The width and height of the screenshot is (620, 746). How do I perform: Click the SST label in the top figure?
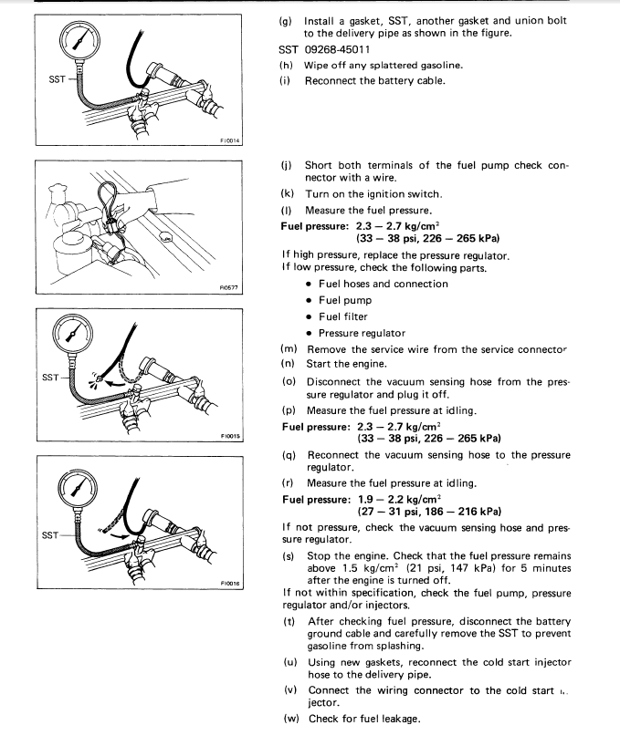(x=57, y=79)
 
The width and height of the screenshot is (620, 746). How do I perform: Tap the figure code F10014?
(x=230, y=140)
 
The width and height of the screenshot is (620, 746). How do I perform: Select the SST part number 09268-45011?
(x=337, y=49)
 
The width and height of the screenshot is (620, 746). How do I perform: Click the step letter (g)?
(x=286, y=21)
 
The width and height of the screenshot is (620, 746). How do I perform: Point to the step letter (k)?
(x=287, y=194)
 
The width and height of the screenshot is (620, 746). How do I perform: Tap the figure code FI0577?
(x=228, y=288)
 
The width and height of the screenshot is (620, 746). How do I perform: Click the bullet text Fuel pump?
(x=345, y=300)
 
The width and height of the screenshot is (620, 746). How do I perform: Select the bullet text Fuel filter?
(x=342, y=316)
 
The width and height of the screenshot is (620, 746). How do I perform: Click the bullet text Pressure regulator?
(x=362, y=333)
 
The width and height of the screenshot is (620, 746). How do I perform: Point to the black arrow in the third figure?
(x=115, y=382)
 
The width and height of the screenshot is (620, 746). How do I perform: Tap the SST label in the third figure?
(x=50, y=378)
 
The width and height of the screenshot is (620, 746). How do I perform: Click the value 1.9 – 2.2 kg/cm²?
(x=400, y=500)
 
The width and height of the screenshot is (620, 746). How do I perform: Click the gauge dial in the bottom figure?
(x=78, y=489)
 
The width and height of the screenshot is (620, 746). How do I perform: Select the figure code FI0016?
(x=230, y=584)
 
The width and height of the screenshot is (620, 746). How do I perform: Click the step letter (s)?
(x=289, y=556)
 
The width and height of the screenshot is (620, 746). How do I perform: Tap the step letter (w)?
(x=290, y=719)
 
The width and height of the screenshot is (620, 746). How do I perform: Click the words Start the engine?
(x=347, y=364)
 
